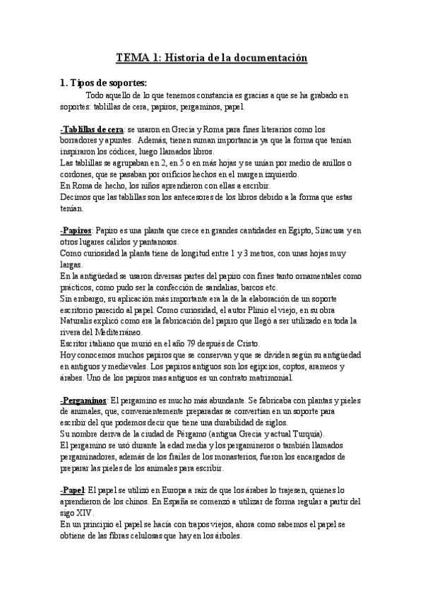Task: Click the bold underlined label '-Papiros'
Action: pyautogui.click(x=77, y=231)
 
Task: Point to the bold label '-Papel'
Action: pyautogui.click(x=73, y=489)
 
